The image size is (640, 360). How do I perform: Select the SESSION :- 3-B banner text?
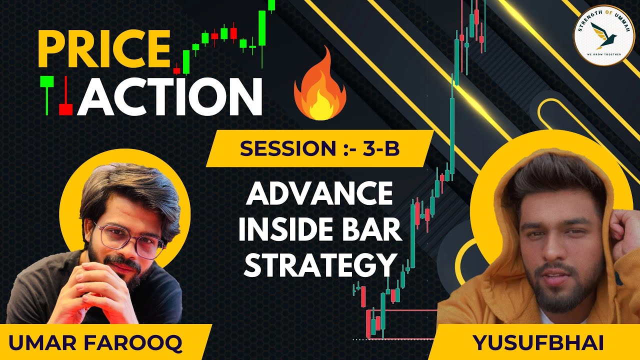(319, 148)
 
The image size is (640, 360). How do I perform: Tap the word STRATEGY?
(319, 265)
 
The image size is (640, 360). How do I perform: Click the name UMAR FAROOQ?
(95, 343)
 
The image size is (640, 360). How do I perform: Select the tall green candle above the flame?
(262, 30)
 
